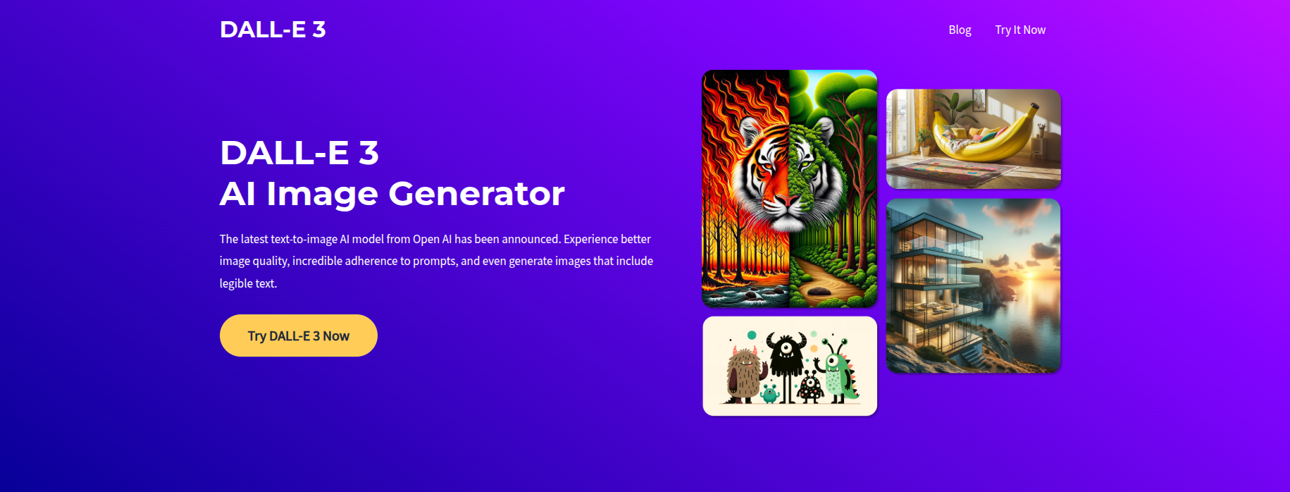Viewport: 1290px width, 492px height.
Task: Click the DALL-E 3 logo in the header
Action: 273,30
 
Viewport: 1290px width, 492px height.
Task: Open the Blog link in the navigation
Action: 960,30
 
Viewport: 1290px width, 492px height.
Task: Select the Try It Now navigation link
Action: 1020,30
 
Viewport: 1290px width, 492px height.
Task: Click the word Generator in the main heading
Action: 476,193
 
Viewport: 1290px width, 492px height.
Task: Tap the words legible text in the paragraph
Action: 247,283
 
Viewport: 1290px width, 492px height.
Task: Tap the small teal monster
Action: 769,393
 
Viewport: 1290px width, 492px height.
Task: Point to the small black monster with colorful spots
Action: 810,386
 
